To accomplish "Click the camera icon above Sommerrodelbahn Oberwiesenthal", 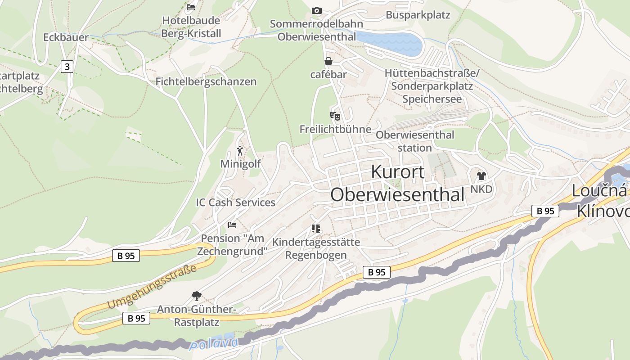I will [x=317, y=10].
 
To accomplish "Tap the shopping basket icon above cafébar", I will [x=328, y=61].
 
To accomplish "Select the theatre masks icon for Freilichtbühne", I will [x=335, y=116].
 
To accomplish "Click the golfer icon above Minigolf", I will [x=240, y=151].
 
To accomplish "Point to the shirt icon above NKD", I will [x=481, y=176].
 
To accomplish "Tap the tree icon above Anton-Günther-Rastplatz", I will [x=196, y=296].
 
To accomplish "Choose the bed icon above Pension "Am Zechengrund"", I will [x=232, y=225].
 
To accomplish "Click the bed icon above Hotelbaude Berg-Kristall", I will [x=191, y=7].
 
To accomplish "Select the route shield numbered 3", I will [x=67, y=67].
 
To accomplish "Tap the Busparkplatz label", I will [x=418, y=15].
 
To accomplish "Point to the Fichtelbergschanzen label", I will [x=206, y=81].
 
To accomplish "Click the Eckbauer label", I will [x=66, y=37].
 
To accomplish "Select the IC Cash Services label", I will [x=235, y=202].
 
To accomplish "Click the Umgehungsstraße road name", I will [x=152, y=287].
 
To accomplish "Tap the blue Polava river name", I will [x=214, y=344].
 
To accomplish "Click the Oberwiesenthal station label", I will [x=415, y=141].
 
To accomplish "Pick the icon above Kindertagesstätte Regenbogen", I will [x=315, y=229].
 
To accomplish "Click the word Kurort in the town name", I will [x=398, y=172].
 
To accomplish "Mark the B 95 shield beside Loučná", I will [x=545, y=211].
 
